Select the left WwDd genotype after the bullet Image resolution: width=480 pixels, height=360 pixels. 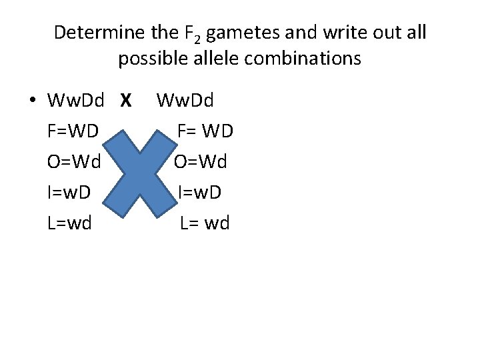[76, 101]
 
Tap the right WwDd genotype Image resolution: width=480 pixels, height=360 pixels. [185, 101]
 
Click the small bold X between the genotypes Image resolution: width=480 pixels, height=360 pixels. [125, 101]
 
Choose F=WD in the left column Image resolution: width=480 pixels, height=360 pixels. [73, 131]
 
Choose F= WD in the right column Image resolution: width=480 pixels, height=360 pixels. [205, 131]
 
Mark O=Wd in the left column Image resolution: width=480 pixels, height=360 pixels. [73, 162]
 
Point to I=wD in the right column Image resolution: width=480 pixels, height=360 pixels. [200, 193]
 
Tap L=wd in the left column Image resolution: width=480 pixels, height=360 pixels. [69, 223]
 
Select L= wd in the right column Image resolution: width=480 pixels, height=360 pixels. [205, 223]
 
